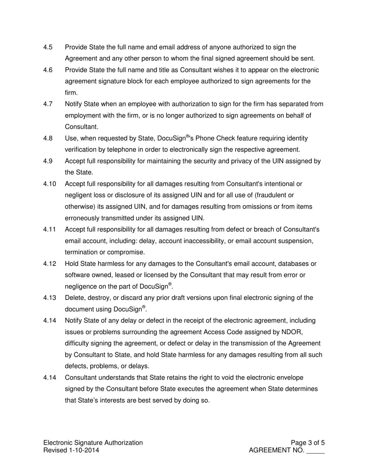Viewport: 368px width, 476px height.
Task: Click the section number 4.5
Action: tap(48, 47)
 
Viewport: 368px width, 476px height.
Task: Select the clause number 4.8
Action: tap(48, 139)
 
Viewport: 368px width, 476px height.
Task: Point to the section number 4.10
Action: tap(50, 184)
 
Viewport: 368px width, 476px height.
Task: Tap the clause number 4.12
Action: tap(50, 264)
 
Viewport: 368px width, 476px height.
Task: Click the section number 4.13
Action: tap(50, 298)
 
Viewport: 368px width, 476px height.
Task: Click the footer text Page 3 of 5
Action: tap(308, 443)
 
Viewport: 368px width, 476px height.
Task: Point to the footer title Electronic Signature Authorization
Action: tap(93, 443)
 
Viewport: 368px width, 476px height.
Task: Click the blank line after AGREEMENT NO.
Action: tap(315, 451)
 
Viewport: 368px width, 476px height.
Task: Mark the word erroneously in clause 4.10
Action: tap(84, 218)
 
